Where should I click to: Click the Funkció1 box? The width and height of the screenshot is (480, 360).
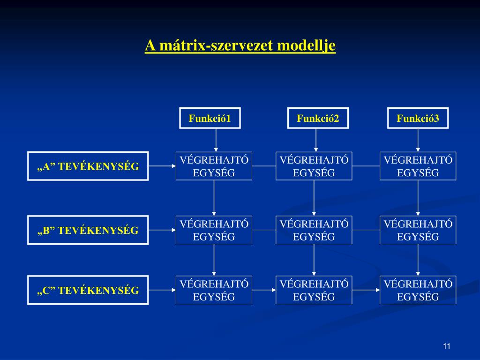coord(210,118)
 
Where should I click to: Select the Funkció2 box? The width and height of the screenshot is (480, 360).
coord(318,118)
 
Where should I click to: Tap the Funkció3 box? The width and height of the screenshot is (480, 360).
coord(418,118)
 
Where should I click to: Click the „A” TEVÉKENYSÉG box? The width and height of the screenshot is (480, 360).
coord(88,166)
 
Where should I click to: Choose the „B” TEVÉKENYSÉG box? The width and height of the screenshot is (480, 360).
coord(88,230)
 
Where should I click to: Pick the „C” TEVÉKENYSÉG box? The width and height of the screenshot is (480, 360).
coord(88,290)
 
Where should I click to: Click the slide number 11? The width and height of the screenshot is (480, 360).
coord(446,346)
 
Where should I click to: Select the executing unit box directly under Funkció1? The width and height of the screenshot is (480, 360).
coord(214,166)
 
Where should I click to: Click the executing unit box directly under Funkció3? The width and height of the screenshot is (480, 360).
coord(418,166)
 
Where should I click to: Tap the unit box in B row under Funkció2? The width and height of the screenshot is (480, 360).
coord(314,230)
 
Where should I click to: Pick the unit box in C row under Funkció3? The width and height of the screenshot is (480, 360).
coord(418,290)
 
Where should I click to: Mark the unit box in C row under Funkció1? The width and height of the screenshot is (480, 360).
coord(214,290)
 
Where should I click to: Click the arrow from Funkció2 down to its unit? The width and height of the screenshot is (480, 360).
coord(316,140)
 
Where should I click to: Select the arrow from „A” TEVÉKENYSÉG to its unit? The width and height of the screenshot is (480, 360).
coord(162,166)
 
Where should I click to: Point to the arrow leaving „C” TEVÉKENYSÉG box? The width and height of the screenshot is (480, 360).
coord(162,290)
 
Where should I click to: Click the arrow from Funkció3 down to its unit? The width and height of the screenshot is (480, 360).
coord(418,140)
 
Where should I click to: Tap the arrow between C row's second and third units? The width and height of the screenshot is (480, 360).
coord(366,290)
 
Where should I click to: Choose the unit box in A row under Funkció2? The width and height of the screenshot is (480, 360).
coord(314,166)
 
